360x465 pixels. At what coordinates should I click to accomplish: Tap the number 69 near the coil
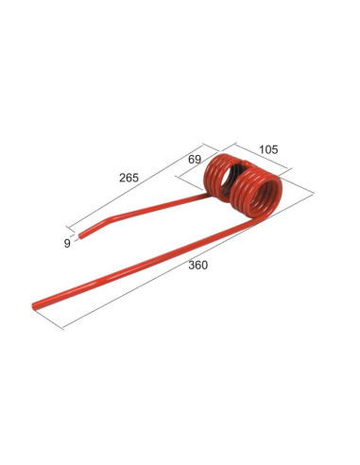(x=195, y=160)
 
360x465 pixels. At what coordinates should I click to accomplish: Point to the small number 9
(x=67, y=243)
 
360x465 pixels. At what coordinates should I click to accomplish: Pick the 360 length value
(x=197, y=266)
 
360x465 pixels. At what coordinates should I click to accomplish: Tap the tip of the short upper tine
(x=81, y=235)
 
